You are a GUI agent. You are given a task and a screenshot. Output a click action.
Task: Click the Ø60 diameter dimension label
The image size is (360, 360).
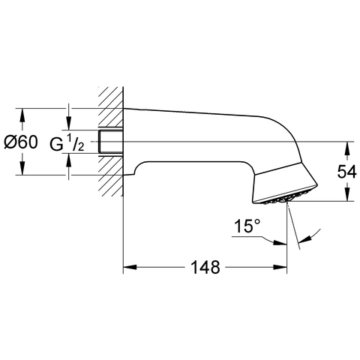point(21,142)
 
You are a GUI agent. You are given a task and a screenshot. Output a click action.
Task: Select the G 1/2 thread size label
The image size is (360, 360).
point(67,142)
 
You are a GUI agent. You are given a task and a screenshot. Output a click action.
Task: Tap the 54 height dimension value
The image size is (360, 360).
point(346,172)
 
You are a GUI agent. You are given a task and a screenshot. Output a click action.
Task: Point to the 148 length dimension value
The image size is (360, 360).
point(205,267)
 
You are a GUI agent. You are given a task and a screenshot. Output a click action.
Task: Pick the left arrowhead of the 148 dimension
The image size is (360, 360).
point(130,267)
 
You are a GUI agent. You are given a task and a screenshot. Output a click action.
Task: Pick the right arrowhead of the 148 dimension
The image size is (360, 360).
point(280,267)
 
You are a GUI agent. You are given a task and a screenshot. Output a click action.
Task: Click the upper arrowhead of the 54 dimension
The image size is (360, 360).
point(346,148)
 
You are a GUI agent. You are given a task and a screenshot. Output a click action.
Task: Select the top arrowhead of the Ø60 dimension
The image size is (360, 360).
point(22,115)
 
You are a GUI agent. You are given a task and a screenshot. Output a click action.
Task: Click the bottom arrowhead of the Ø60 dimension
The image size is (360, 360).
point(22,168)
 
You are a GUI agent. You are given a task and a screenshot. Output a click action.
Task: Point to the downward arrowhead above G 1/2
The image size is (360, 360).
point(69,123)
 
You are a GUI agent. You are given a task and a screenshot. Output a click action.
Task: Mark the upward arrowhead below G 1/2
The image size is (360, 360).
point(69,160)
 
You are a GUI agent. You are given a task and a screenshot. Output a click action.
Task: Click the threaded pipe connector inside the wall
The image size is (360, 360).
point(111,142)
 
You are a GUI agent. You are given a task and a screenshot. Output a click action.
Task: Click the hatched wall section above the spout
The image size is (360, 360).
point(111,108)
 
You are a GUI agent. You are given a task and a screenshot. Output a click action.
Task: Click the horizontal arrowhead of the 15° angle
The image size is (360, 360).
point(280,243)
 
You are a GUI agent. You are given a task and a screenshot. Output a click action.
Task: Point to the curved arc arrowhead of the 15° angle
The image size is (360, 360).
point(304,239)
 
